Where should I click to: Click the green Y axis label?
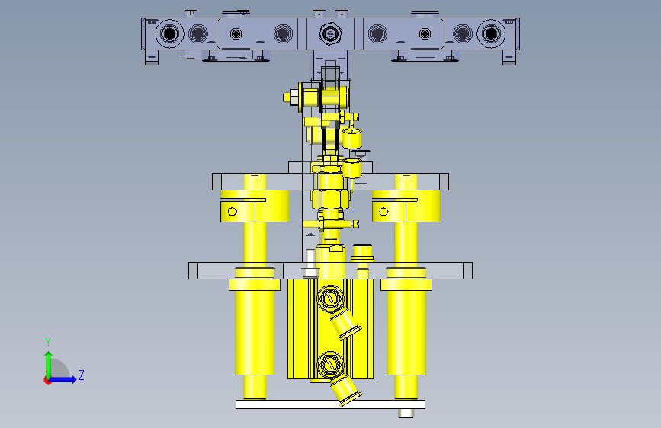[48, 342]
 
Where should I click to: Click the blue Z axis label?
[82, 375]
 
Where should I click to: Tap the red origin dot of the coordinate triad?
[47, 380]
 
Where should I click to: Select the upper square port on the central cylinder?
[330, 299]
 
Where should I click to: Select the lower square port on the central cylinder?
[330, 365]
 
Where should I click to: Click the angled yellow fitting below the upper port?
[345, 324]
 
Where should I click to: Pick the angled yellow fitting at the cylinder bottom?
[345, 391]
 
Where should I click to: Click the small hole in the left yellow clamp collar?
[233, 212]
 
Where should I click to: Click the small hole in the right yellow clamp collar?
[383, 212]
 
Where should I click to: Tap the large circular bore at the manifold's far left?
[169, 34]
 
